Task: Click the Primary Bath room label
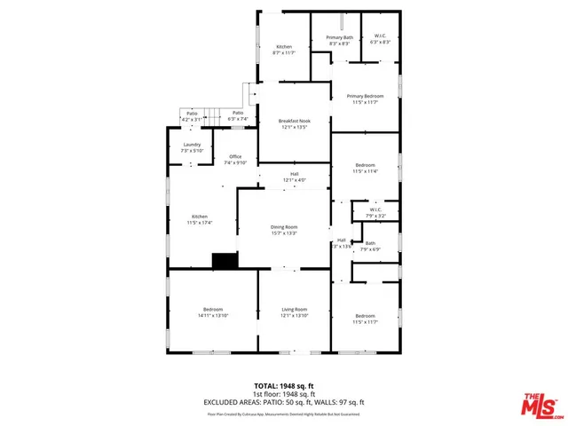[339, 41]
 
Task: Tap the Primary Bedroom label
[365, 99]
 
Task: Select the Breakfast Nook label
[294, 124]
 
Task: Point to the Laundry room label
[192, 147]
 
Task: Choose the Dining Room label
[284, 230]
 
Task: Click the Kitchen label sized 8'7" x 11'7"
[284, 50]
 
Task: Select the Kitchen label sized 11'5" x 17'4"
[201, 219]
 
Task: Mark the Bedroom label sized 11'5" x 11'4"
[366, 168]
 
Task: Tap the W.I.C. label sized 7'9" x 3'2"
[375, 213]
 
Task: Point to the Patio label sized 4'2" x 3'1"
[192, 116]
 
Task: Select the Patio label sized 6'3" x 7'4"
[237, 116]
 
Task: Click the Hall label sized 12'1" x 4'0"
[294, 177]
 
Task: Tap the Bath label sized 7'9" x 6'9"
[370, 246]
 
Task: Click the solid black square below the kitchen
[225, 260]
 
